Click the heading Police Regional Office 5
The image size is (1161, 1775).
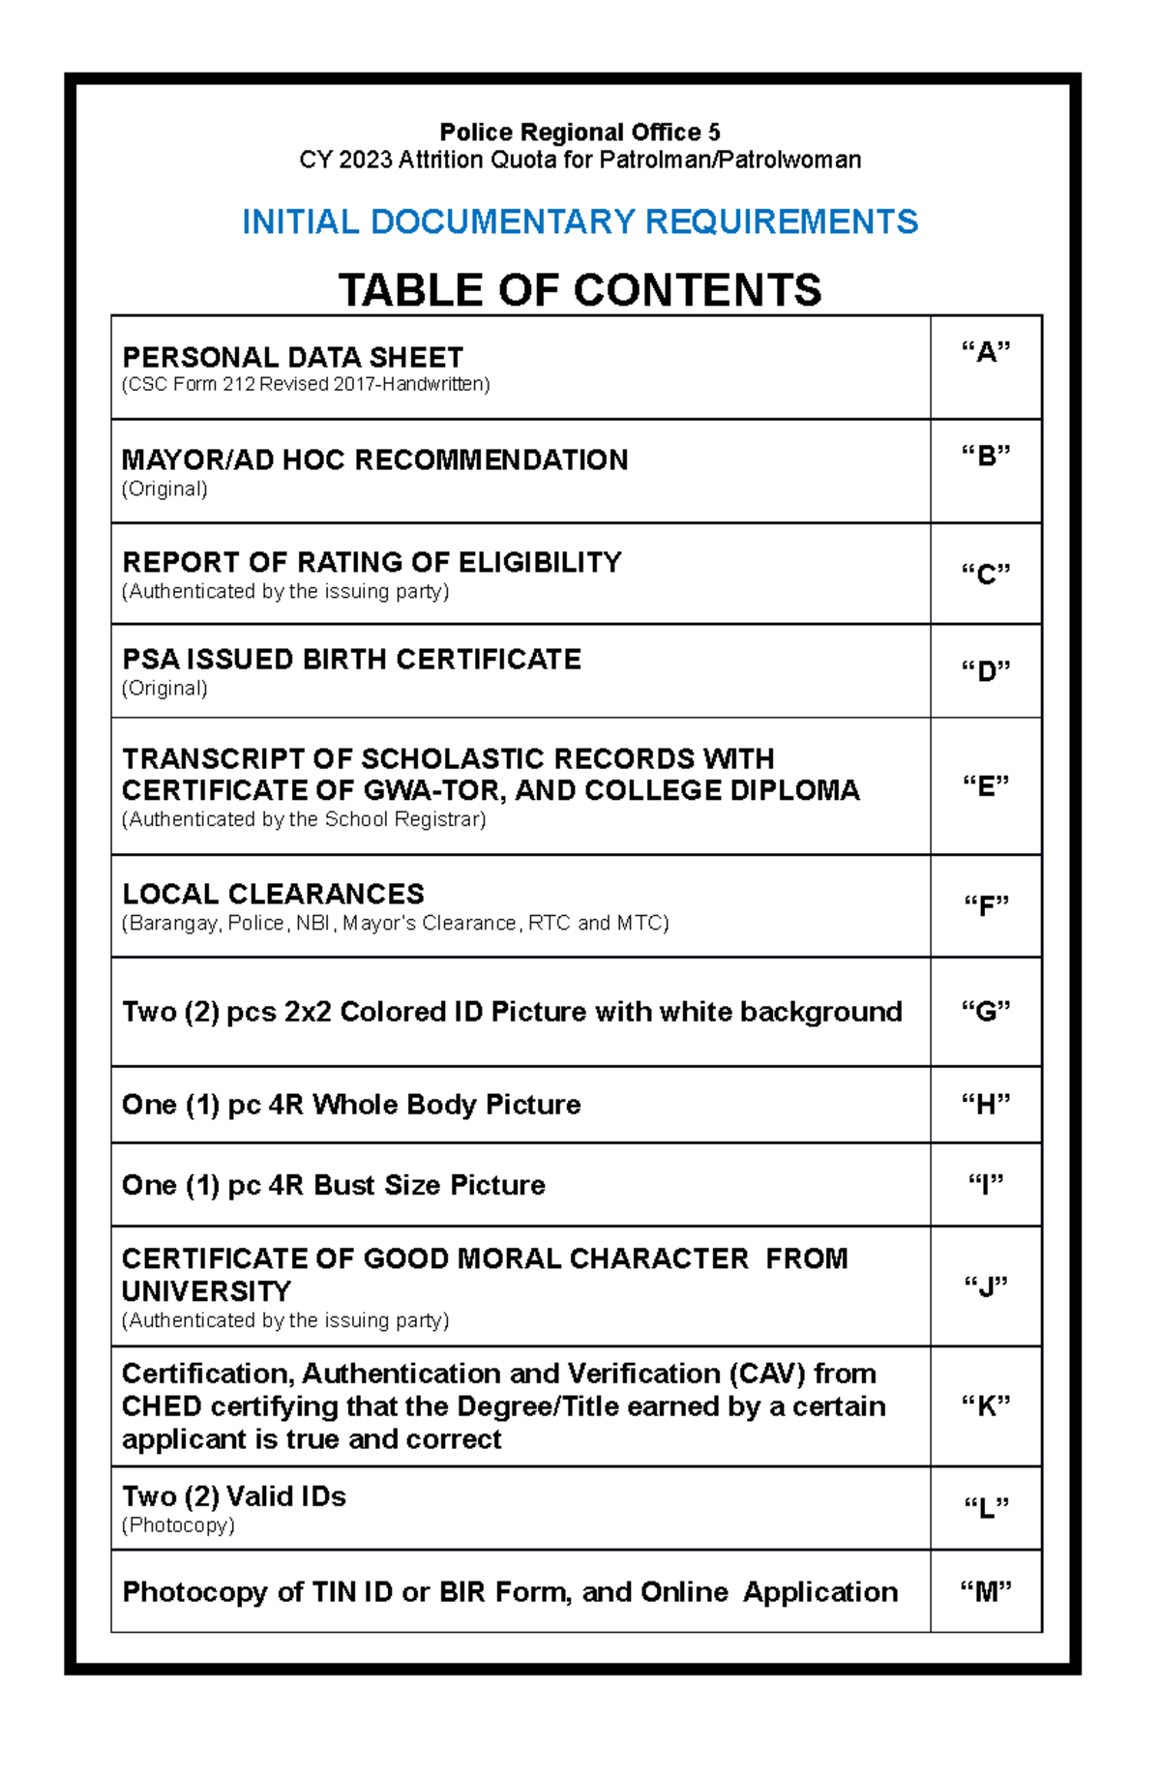580,132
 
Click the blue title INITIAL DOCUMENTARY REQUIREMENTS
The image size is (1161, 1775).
580,222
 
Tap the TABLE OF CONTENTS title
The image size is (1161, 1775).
580,290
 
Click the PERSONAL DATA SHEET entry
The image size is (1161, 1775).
292,357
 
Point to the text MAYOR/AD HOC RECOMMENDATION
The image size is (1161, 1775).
374,459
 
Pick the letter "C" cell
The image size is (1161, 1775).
985,575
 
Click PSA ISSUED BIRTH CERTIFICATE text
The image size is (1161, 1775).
351,660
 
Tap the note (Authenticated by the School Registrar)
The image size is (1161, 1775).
304,819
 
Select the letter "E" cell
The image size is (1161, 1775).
985,786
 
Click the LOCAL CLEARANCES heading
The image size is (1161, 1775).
273,894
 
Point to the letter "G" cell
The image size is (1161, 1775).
985,1012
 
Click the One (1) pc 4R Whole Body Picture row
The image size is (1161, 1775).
351,1105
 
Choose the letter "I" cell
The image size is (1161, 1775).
985,1185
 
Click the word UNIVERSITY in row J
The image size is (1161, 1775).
206,1291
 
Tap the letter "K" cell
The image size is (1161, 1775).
985,1405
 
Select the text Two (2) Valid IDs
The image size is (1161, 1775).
233,1496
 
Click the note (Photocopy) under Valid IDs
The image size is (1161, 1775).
178,1525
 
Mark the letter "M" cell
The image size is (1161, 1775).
985,1592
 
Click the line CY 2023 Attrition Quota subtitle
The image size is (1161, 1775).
580,160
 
